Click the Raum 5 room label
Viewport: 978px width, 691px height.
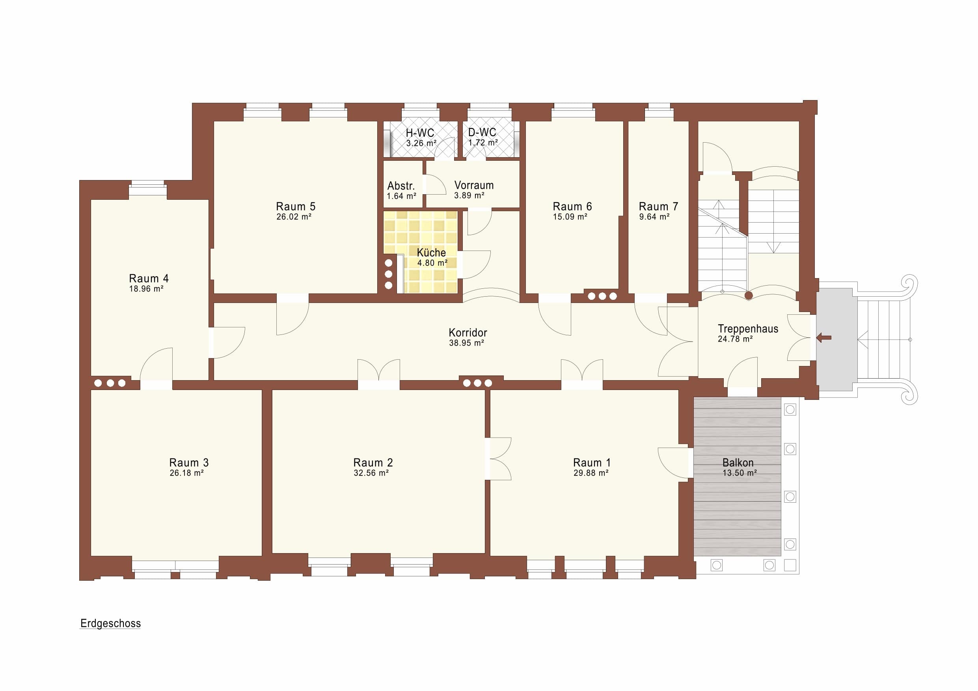(x=296, y=206)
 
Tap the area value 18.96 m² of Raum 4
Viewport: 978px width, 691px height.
(x=146, y=289)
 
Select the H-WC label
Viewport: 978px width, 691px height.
(x=419, y=133)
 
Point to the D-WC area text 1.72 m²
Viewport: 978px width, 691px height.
(x=483, y=143)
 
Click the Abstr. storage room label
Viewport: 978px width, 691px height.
(x=401, y=186)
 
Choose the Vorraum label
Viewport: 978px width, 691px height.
(x=474, y=185)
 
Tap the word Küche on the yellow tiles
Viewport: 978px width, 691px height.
(x=431, y=253)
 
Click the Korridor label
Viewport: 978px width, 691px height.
(x=468, y=332)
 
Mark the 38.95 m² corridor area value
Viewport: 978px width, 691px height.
(x=466, y=343)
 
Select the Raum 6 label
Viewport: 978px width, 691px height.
(x=572, y=206)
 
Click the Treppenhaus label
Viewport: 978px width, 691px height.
(x=748, y=329)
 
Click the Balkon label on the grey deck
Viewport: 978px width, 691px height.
(x=738, y=463)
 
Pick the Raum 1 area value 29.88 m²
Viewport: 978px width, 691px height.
(x=591, y=473)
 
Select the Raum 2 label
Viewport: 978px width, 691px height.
(x=373, y=463)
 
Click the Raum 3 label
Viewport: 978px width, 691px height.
(x=189, y=463)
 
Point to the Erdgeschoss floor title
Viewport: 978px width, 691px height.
(x=110, y=623)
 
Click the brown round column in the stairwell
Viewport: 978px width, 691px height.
(x=749, y=295)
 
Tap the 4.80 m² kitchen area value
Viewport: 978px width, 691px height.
(x=432, y=263)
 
